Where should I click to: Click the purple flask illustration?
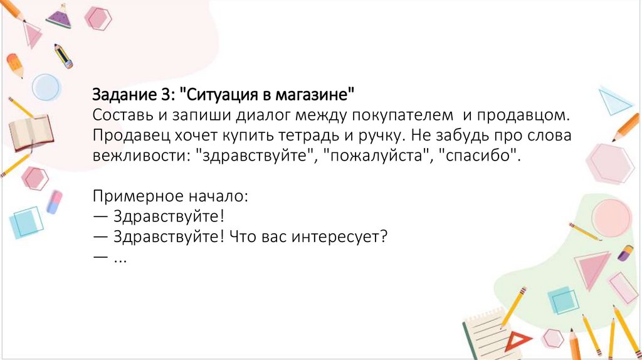pos(58,17)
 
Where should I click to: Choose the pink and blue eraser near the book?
pos(55,201)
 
